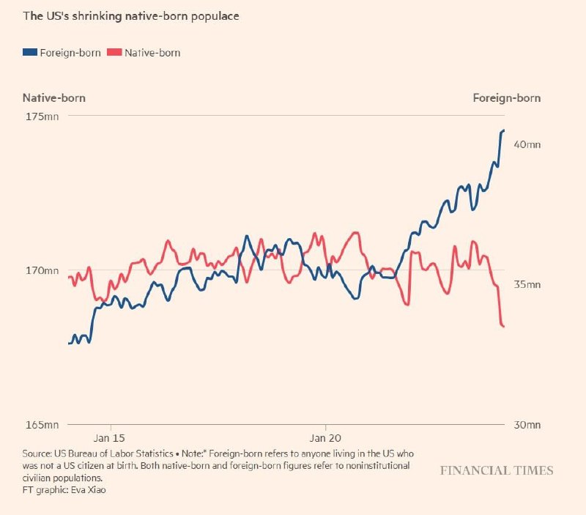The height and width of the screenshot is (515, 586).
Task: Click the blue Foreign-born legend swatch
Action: (x=30, y=53)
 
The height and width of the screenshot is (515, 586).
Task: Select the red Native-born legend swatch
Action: (x=114, y=53)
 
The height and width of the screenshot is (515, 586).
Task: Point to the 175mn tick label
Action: (x=41, y=117)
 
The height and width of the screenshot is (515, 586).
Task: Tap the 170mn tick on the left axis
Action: (x=41, y=271)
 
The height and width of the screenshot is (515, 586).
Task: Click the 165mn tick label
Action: (x=41, y=425)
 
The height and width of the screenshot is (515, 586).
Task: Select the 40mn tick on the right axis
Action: (x=527, y=145)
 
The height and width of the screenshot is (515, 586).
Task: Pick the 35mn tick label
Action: (x=527, y=285)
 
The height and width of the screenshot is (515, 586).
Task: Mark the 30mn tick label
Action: (x=527, y=425)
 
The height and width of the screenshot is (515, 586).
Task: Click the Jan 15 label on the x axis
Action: (x=111, y=438)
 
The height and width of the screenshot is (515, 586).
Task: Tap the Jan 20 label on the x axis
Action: (x=325, y=438)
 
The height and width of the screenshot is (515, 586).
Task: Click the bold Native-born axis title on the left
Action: (x=59, y=98)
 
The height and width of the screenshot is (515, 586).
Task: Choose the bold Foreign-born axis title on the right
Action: (x=507, y=98)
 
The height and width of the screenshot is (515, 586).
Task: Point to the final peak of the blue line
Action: (x=503, y=130)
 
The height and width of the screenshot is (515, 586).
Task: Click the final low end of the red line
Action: (x=503, y=326)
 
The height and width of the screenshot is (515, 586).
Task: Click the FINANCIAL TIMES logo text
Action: (x=497, y=470)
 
